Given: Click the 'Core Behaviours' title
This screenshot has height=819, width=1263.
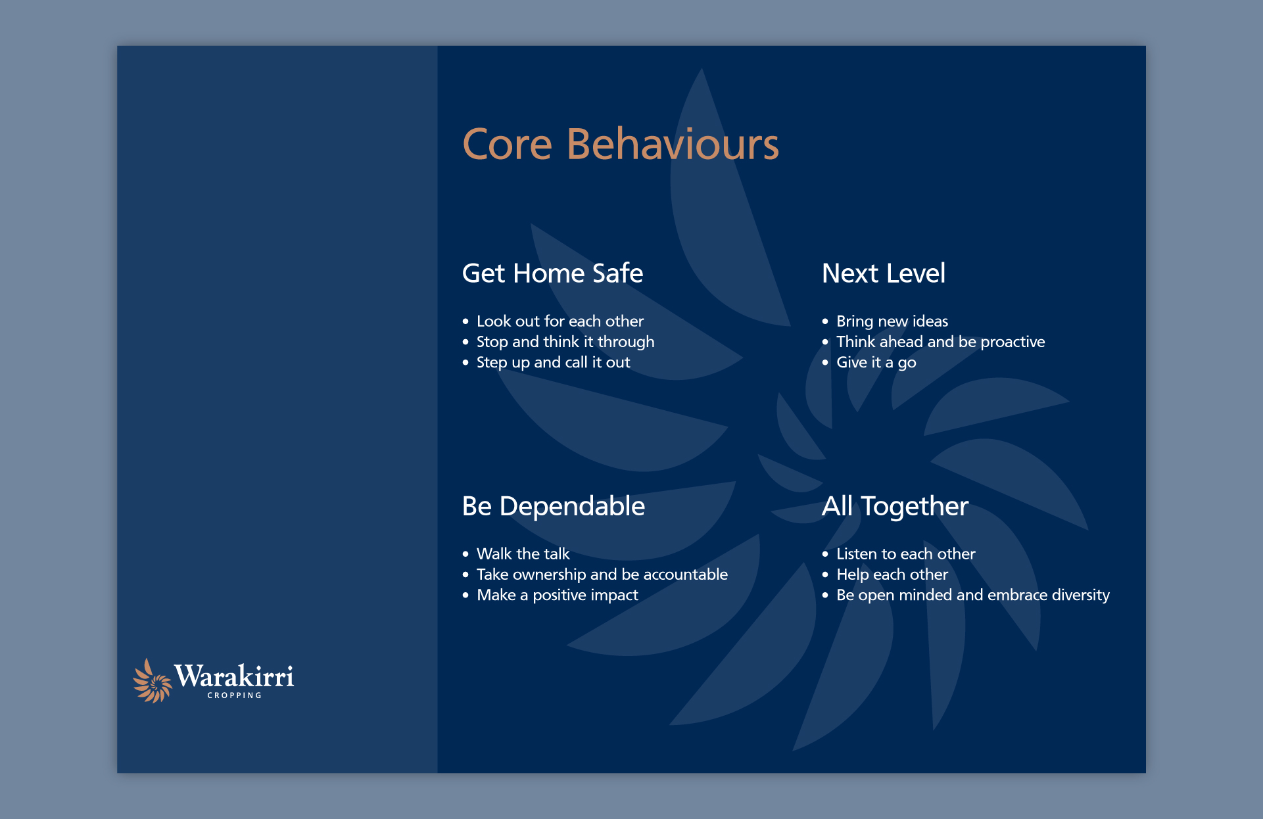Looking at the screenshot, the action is (x=621, y=144).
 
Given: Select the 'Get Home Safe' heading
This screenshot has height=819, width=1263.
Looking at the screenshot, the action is (x=552, y=273).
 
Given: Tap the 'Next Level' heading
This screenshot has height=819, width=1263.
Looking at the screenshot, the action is (x=884, y=273).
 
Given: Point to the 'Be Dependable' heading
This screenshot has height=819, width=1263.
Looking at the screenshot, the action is (x=554, y=506).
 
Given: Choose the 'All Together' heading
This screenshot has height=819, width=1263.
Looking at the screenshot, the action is (x=895, y=507).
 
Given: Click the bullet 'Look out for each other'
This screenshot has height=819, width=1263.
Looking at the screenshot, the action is (x=560, y=321).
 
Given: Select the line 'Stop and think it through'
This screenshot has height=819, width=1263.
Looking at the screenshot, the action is (x=565, y=342).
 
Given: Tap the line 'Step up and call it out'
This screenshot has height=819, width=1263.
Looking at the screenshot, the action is (x=553, y=363).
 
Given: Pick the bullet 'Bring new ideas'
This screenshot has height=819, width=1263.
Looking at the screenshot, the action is (x=892, y=321).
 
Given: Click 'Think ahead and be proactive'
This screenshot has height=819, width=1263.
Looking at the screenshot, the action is (x=940, y=342).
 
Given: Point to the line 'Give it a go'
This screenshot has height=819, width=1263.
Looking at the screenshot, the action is (x=876, y=363).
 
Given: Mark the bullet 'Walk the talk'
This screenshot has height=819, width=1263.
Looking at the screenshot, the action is (x=523, y=554).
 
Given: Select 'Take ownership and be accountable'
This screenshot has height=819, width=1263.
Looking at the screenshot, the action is (x=602, y=575).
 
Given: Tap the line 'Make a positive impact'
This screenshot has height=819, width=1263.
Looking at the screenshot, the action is (x=557, y=596).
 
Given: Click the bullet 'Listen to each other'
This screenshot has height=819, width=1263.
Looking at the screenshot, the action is (x=905, y=554).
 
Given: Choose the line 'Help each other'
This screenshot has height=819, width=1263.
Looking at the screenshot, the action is (x=892, y=575).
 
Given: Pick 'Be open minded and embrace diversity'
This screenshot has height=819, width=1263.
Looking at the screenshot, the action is (x=972, y=596).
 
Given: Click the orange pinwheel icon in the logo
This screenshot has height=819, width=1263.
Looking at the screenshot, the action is (x=153, y=681).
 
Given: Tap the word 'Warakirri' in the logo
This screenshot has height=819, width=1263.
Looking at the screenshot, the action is (x=234, y=676).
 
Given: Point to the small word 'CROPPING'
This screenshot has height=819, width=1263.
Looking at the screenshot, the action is (x=234, y=695).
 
